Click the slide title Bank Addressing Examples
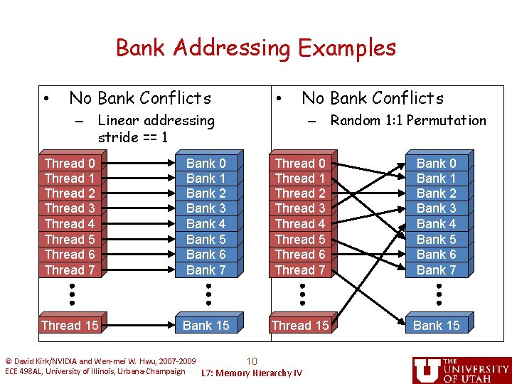pyautogui.click(x=255, y=48)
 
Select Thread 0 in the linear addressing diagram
pyautogui.click(x=70, y=164)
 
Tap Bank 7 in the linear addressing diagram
pyautogui.click(x=206, y=270)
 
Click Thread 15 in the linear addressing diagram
pyautogui.click(x=70, y=325)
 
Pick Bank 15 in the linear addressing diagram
pyautogui.click(x=206, y=325)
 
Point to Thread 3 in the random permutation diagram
pyautogui.click(x=300, y=208)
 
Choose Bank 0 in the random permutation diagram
pyautogui.click(x=436, y=164)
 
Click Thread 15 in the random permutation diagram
pyautogui.click(x=300, y=325)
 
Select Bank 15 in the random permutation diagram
pyautogui.click(x=436, y=325)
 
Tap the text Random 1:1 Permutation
pyautogui.click(x=408, y=120)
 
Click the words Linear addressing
pyautogui.click(x=156, y=120)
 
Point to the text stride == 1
pyautogui.click(x=132, y=137)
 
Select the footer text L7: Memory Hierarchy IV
pyautogui.click(x=252, y=373)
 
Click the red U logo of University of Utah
pyautogui.click(x=427, y=370)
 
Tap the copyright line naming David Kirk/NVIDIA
pyautogui.click(x=100, y=361)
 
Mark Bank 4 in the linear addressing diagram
pyautogui.click(x=206, y=224)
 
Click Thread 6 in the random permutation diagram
pyautogui.click(x=300, y=255)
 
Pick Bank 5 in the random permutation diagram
pyautogui.click(x=436, y=240)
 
